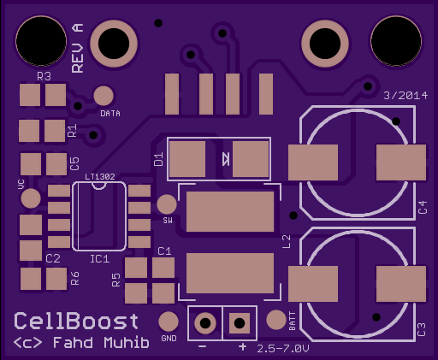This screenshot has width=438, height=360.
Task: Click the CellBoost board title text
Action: click(76, 321)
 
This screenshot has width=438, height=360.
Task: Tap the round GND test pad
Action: click(169, 322)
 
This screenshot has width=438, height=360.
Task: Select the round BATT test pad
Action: click(276, 320)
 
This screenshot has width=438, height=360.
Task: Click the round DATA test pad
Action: click(104, 96)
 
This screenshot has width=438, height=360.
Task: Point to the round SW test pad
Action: click(167, 204)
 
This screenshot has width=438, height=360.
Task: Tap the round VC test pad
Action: click(31, 198)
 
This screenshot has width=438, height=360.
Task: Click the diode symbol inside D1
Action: click(226, 159)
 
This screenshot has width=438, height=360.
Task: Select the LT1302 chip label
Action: click(100, 177)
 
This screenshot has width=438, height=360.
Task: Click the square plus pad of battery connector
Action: click(240, 323)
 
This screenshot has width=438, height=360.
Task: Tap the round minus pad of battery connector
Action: click(205, 323)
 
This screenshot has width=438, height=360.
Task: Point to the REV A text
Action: click(78, 48)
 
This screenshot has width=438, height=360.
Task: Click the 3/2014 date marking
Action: click(405, 96)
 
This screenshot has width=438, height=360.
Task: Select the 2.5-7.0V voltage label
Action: click(283, 349)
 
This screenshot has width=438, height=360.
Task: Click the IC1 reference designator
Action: click(100, 259)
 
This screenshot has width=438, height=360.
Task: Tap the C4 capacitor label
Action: click(423, 207)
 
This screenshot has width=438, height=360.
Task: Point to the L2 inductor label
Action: click(287, 241)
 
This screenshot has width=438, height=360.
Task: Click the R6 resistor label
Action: click(74, 279)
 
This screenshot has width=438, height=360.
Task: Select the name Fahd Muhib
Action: click(101, 342)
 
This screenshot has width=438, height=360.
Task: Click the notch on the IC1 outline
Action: click(99, 186)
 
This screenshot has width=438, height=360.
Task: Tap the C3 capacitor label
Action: click(421, 329)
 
